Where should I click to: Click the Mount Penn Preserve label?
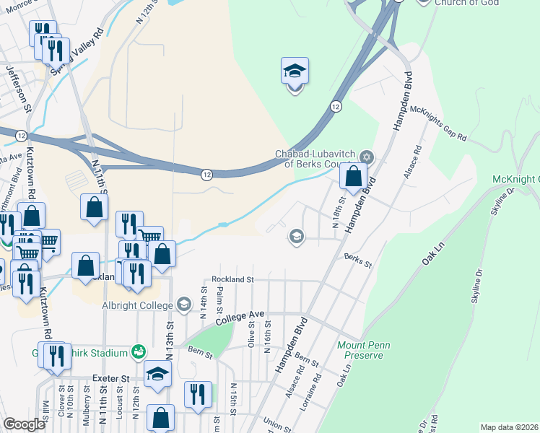pyautogui.click(x=364, y=350)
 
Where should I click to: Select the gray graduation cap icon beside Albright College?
pyautogui.click(x=185, y=305)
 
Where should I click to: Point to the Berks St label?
pyautogui.click(x=357, y=260)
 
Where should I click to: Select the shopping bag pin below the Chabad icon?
pyautogui.click(x=353, y=177)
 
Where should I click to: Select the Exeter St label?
pyautogui.click(x=110, y=377)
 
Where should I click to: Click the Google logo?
pyautogui.click(x=25, y=424)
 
